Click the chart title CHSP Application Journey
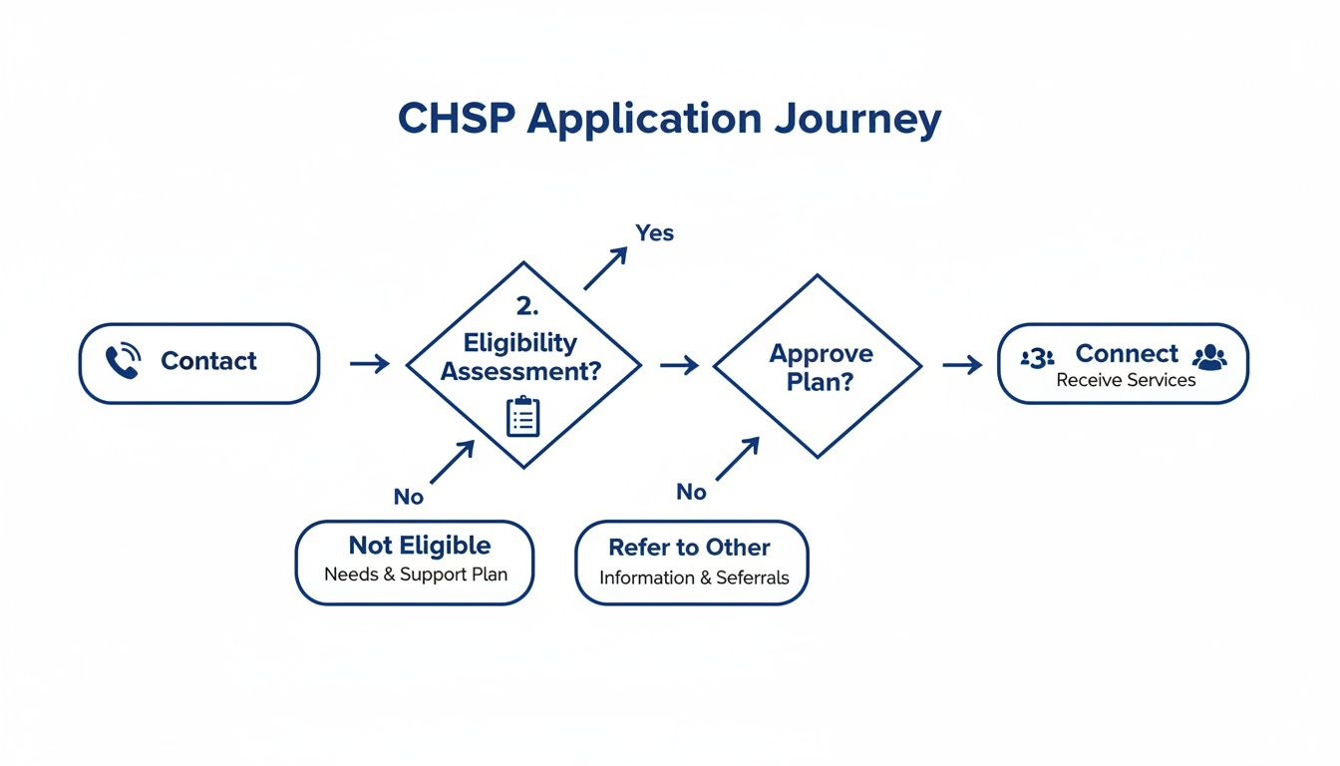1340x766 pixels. (x=669, y=119)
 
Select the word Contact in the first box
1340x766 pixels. (x=208, y=361)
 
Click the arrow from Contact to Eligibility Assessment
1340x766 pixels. (x=370, y=364)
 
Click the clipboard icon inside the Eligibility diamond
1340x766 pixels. (x=522, y=416)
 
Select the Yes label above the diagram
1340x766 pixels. (x=655, y=232)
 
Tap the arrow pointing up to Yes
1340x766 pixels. (x=605, y=268)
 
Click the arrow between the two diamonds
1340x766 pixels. (x=679, y=366)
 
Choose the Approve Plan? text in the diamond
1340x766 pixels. (x=821, y=367)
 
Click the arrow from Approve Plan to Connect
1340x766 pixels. (x=962, y=366)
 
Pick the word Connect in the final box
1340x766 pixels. (x=1127, y=353)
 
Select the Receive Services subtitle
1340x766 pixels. (x=1126, y=380)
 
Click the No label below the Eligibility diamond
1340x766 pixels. (x=409, y=497)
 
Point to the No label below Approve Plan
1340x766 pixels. (x=691, y=492)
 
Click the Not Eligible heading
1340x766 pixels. (x=420, y=546)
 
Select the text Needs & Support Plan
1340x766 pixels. (x=416, y=574)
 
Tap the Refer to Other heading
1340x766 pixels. (x=689, y=548)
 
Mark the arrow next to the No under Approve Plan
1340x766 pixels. (x=737, y=459)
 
